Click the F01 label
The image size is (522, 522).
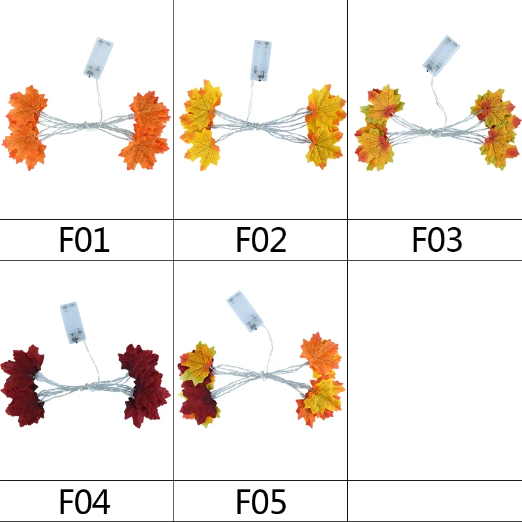coord(84,240)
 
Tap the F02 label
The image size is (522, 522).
coord(260,240)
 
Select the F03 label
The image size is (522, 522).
coord(437,240)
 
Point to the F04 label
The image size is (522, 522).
coord(84,502)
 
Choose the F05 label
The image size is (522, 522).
coord(260,502)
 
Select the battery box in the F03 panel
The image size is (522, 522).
coord(440,54)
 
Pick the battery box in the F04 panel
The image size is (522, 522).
coord(73,322)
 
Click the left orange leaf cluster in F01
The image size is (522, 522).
coord(26,127)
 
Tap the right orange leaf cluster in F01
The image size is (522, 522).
coord(146,130)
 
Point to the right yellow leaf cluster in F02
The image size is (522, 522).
coord(325,126)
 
